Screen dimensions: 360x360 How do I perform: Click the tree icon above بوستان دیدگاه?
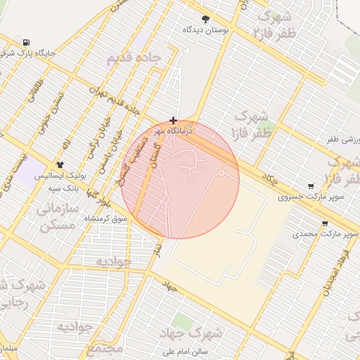coord(205,19)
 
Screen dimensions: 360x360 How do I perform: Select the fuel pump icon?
coord(26,42)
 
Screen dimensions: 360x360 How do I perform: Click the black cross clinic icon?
coord(174,121)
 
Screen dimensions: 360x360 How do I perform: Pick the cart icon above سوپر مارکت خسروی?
coord(310,186)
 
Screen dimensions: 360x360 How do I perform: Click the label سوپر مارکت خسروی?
coord(310,197)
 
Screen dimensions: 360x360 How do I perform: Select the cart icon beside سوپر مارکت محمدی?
coord(324,224)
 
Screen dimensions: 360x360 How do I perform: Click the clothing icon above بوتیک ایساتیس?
coord(60,164)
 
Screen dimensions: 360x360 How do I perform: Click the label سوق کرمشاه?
coord(103,219)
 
